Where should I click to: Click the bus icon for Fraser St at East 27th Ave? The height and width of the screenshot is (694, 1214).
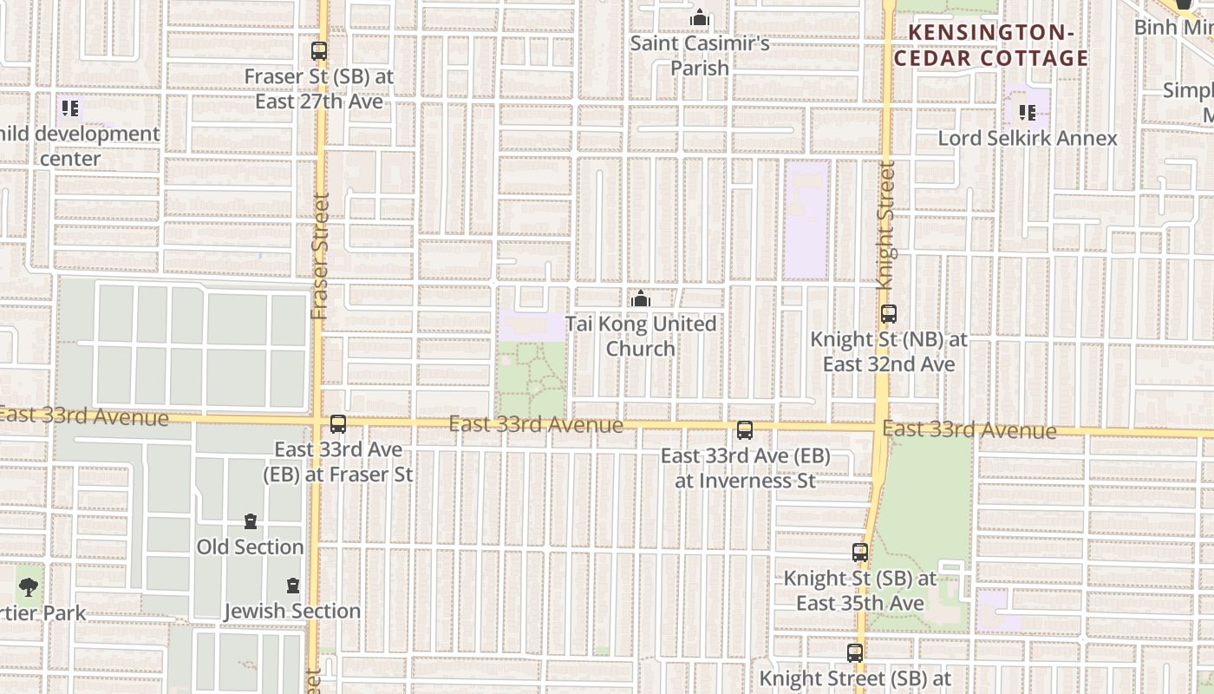point(319,51)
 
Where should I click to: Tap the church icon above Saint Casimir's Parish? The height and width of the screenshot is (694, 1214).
point(700,18)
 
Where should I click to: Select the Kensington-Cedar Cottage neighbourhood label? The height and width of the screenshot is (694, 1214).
point(991,46)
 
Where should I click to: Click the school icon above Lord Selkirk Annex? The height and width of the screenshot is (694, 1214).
point(1028,112)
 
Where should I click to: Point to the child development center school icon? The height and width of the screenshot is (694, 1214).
point(70,108)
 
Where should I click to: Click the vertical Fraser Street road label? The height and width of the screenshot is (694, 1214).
point(320,256)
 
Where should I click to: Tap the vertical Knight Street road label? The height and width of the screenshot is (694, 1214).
point(885,225)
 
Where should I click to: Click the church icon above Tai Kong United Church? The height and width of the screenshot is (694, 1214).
point(641,299)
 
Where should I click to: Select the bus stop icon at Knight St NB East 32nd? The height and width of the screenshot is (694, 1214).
point(888,314)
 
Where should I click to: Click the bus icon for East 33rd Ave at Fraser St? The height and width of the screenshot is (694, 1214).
point(338,424)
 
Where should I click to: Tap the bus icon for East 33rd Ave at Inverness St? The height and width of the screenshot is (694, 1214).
point(744,430)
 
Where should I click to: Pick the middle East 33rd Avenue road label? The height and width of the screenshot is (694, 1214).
point(536,425)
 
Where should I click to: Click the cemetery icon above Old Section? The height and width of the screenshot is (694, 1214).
point(250,521)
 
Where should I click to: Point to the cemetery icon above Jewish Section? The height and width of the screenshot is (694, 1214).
point(293,586)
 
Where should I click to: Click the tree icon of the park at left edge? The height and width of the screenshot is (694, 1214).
point(29,586)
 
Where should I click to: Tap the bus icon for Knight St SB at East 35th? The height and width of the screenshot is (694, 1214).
point(859,552)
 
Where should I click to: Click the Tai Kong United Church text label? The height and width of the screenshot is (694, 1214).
point(641,336)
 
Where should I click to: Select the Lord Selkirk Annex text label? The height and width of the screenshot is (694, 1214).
point(1028,138)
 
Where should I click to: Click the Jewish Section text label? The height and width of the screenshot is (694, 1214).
point(292,611)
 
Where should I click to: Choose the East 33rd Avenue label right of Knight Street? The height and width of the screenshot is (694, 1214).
point(969,430)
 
